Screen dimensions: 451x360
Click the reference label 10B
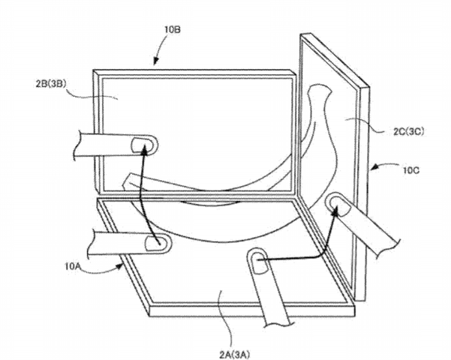coord(173,29)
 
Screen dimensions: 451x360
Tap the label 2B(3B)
coord(51,84)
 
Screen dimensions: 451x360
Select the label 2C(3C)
coord(408,131)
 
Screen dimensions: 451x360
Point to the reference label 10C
coord(411,170)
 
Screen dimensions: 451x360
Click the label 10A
coord(72,266)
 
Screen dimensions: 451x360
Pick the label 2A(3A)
coord(235,355)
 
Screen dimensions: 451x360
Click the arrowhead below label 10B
coord(155,61)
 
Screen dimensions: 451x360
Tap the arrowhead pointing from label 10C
coord(374,166)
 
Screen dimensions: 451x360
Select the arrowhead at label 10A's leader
coord(119,266)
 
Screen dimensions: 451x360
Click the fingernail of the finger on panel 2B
coord(140,144)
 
